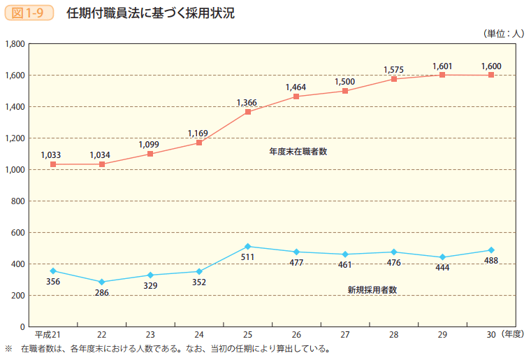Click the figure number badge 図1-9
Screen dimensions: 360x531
click(29, 13)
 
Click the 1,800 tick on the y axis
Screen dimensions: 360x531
click(15, 44)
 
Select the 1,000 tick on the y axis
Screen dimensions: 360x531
click(15, 170)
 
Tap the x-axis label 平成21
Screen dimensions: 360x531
click(48, 335)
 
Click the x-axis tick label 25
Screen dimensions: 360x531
click(248, 335)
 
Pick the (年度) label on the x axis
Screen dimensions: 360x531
click(511, 335)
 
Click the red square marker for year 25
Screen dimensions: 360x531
click(248, 112)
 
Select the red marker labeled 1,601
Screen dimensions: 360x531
click(442, 75)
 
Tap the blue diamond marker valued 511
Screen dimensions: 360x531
click(248, 246)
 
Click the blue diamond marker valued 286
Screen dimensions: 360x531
click(102, 282)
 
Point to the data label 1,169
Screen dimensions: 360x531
click(198, 133)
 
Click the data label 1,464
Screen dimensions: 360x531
click(296, 87)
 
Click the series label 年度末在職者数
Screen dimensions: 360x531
click(298, 151)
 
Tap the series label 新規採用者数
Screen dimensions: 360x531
click(372, 289)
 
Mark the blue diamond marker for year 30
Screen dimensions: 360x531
click(491, 250)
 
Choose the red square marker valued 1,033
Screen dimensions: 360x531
click(53, 164)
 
